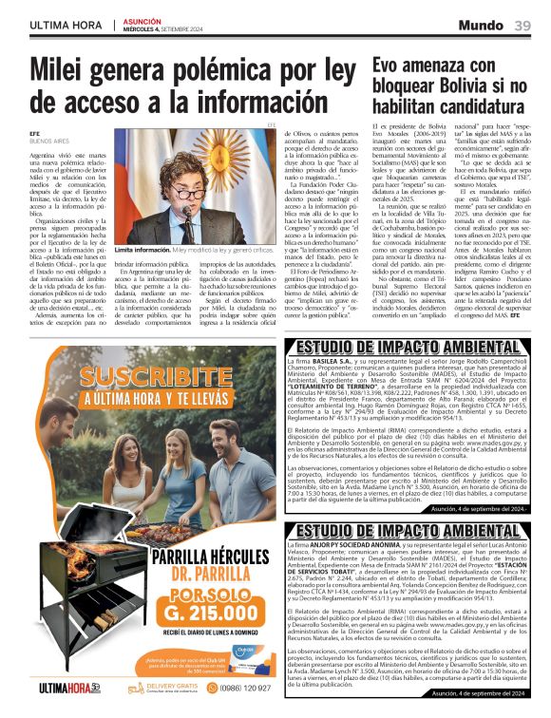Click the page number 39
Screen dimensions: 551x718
pos(522,24)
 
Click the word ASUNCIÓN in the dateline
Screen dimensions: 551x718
pos(143,20)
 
